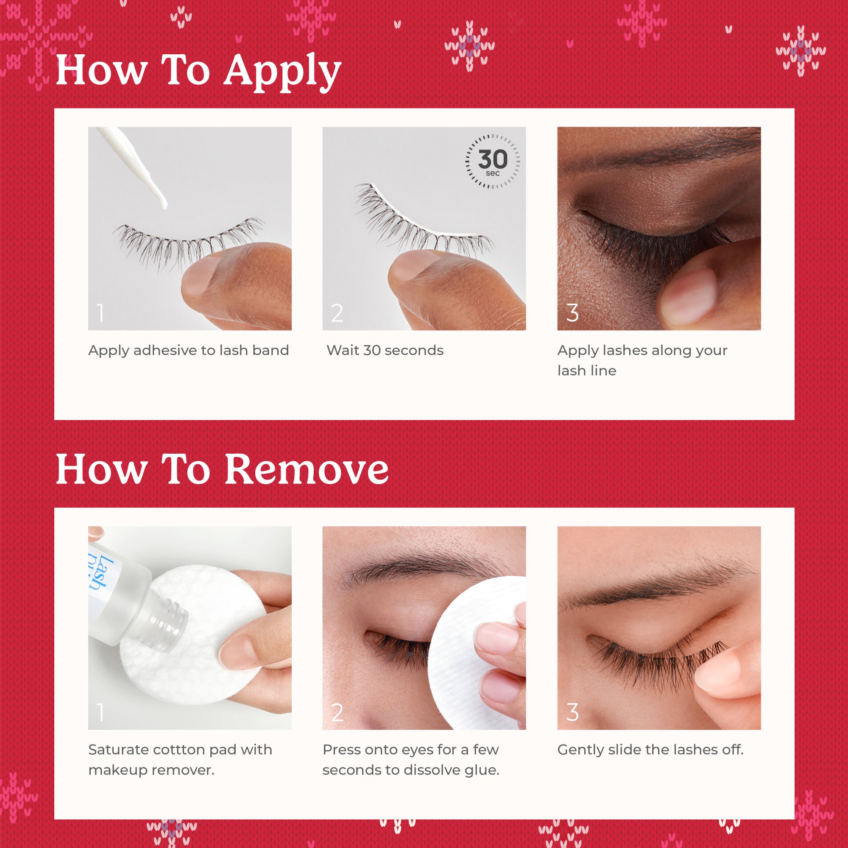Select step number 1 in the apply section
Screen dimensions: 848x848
(100, 313)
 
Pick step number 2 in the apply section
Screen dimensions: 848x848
(337, 313)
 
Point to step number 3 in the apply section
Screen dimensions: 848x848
(572, 313)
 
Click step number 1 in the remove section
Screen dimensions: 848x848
(100, 712)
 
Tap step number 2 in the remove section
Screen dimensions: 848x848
(337, 712)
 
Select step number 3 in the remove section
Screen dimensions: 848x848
(572, 712)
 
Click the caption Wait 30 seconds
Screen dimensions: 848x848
(385, 350)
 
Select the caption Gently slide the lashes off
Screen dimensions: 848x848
(650, 750)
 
